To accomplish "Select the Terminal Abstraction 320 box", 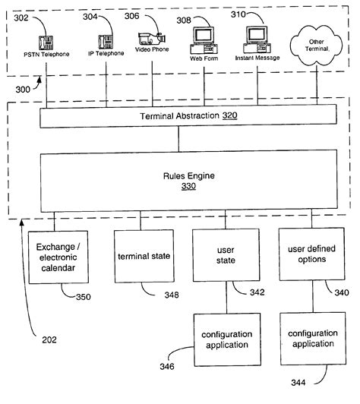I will coord(179,117).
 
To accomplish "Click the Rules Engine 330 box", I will coord(179,179).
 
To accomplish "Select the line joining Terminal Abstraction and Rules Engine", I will coord(179,139).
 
